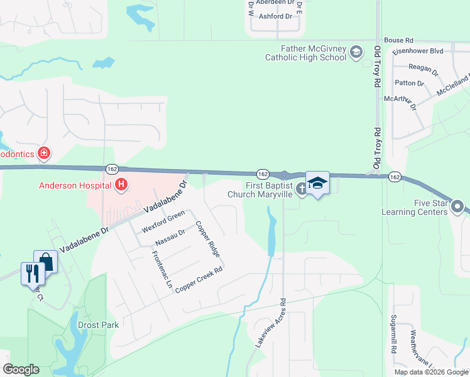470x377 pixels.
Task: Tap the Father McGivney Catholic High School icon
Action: [x=356, y=52]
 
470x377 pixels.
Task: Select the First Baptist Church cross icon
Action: [x=302, y=188]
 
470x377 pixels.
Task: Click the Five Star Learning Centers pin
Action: [x=457, y=206]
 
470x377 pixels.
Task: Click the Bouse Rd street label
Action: [x=398, y=40]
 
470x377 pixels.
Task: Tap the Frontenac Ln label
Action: [x=162, y=270]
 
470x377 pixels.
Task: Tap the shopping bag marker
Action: [x=46, y=260]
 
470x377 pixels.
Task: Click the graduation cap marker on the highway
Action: [x=317, y=183]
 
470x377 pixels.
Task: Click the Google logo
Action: [x=21, y=369]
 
